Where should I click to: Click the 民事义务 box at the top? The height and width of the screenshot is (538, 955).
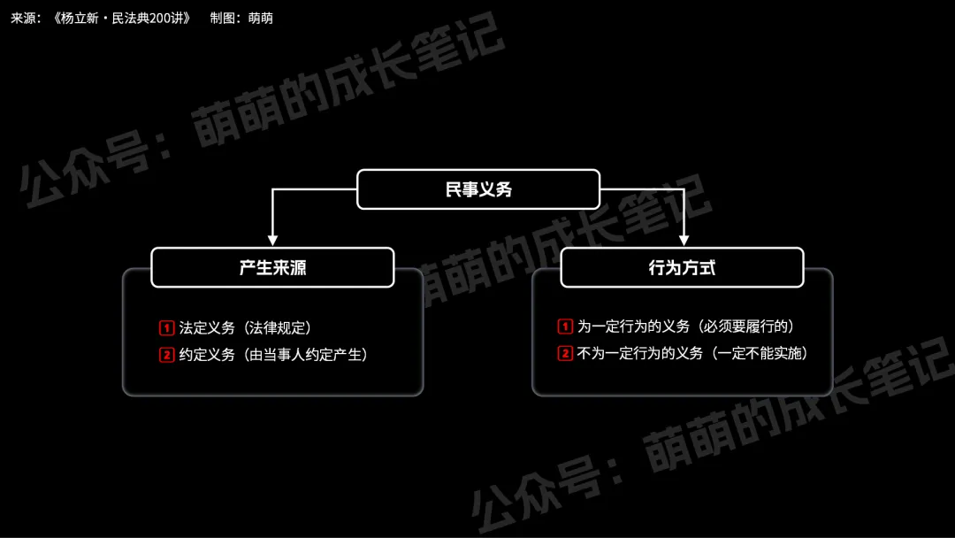click(477, 189)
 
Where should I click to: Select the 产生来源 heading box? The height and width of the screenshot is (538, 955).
click(272, 267)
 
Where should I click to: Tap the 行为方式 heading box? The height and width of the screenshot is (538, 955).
click(682, 267)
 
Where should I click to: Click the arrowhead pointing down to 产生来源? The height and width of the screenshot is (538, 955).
click(272, 240)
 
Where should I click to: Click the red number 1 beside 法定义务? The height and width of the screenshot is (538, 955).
click(167, 328)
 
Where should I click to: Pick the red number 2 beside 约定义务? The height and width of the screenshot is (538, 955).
click(167, 355)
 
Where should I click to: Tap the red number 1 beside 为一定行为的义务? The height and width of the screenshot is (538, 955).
click(566, 327)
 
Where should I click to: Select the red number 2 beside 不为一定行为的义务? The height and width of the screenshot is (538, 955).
click(566, 353)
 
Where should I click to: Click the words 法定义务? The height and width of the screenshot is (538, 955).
click(207, 328)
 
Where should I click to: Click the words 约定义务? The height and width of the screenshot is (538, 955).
click(207, 355)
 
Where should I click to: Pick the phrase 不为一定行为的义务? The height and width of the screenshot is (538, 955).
click(639, 353)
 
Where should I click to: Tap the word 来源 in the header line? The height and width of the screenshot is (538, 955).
click(23, 18)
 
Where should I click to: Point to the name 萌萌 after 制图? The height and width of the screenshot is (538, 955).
click(261, 18)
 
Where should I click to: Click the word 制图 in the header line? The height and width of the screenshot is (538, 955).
click(223, 18)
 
